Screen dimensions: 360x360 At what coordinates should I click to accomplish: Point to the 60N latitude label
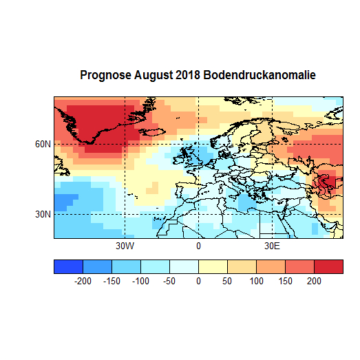[x=43, y=144]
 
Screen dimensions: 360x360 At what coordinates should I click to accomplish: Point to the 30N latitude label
[x=43, y=214]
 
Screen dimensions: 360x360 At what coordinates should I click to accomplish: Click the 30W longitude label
[x=124, y=246]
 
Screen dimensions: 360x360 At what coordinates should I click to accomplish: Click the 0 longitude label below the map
[x=198, y=246]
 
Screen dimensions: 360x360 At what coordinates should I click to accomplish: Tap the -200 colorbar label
[x=83, y=281]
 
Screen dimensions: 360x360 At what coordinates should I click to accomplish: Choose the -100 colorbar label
[x=140, y=281]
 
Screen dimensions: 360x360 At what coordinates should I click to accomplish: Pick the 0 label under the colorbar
[x=198, y=281]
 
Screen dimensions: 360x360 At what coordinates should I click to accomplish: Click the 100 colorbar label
[x=256, y=281]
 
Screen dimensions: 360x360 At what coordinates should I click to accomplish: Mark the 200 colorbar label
[x=314, y=281]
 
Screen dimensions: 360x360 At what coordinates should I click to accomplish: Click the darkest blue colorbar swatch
[x=68, y=266]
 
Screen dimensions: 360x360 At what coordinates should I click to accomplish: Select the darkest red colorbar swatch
[x=328, y=266]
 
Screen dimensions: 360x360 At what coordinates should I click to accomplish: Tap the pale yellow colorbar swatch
[x=213, y=266]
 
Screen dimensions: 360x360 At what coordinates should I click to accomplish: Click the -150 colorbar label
[x=112, y=281]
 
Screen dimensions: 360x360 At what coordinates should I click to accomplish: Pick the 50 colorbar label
[x=227, y=281]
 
